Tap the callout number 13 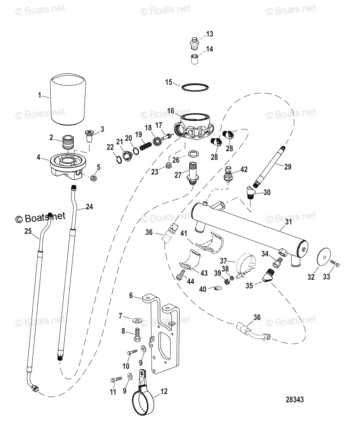tap(209, 34)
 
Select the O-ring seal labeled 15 tap(194, 87)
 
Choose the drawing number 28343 tap(295, 399)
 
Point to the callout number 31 tap(288, 223)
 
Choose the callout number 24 tap(89, 207)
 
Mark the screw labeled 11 tap(116, 379)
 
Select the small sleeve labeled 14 tap(194, 59)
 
